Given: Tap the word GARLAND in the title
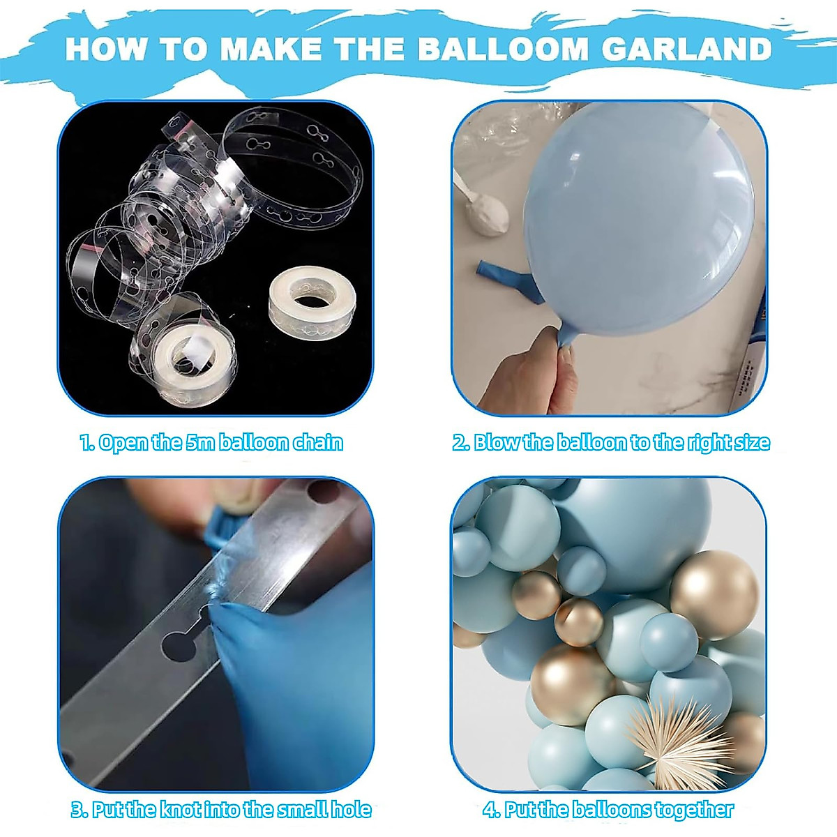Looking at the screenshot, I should coord(686,49).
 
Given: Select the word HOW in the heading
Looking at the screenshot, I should coord(105,49).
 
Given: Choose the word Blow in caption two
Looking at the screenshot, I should coord(497,443).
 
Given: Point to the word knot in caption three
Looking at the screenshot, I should coord(181,810).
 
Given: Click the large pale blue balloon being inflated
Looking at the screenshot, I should coord(635,216).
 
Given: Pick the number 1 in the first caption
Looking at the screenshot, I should coord(85,443).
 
